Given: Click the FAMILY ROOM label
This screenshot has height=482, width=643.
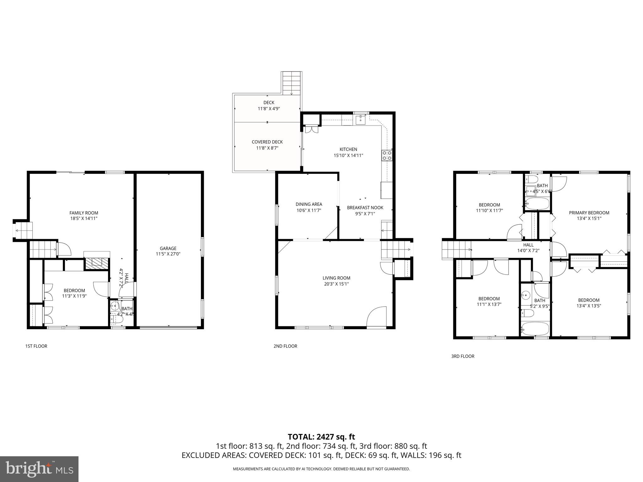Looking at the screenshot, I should pos(84,213).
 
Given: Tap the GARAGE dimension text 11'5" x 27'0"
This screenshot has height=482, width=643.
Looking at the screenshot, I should pos(168,254).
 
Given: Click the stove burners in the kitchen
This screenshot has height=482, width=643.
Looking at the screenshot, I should pos(387,156).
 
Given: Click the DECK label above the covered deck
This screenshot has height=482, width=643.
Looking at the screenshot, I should pos(268,103).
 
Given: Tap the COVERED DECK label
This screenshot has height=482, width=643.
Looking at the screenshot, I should pos(267,142).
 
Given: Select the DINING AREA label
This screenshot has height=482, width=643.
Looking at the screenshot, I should pos(309,204).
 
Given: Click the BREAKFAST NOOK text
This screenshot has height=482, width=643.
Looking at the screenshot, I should pos(365,208).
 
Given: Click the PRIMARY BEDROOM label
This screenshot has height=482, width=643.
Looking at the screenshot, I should pos(589,213).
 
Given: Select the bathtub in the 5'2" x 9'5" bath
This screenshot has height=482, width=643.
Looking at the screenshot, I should pos(535,329).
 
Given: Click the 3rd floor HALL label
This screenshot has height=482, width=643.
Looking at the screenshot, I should pos(528,245).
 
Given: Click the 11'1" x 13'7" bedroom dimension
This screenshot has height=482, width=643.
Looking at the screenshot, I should pos(489,304).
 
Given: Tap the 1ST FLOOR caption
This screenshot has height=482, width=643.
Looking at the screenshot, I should pos(36,346).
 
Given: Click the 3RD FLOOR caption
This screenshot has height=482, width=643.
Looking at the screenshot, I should pos(462,356).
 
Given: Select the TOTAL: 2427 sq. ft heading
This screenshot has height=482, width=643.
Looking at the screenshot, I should pos(321,436).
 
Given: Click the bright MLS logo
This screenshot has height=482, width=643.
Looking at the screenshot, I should pos(39,469).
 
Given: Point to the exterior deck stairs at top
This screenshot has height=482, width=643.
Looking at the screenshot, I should pos(292,83).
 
